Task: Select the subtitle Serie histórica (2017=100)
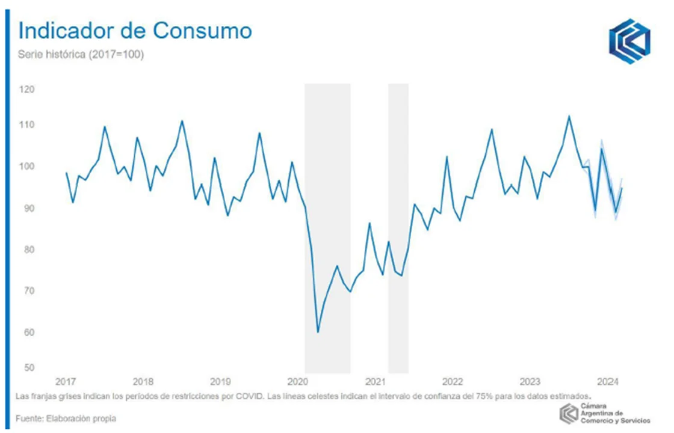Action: pyautogui.click(x=81, y=55)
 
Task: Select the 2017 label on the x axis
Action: pyautogui.click(x=65, y=381)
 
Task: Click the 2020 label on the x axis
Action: pyautogui.click(x=298, y=381)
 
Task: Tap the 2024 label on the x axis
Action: pyautogui.click(x=609, y=381)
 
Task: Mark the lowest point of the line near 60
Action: pyautogui.click(x=318, y=332)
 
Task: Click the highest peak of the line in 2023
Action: pyautogui.click(x=569, y=116)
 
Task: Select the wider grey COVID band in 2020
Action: pyautogui.click(x=327, y=229)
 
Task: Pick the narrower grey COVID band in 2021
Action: pyautogui.click(x=398, y=229)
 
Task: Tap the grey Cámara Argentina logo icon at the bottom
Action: pyautogui.click(x=569, y=413)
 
